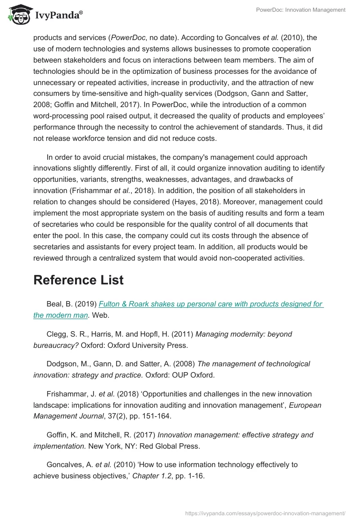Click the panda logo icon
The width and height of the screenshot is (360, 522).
click(17, 14)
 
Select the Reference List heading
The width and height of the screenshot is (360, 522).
click(78, 279)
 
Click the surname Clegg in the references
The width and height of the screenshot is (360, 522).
click(56, 334)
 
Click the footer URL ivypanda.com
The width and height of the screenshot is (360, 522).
click(265, 513)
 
